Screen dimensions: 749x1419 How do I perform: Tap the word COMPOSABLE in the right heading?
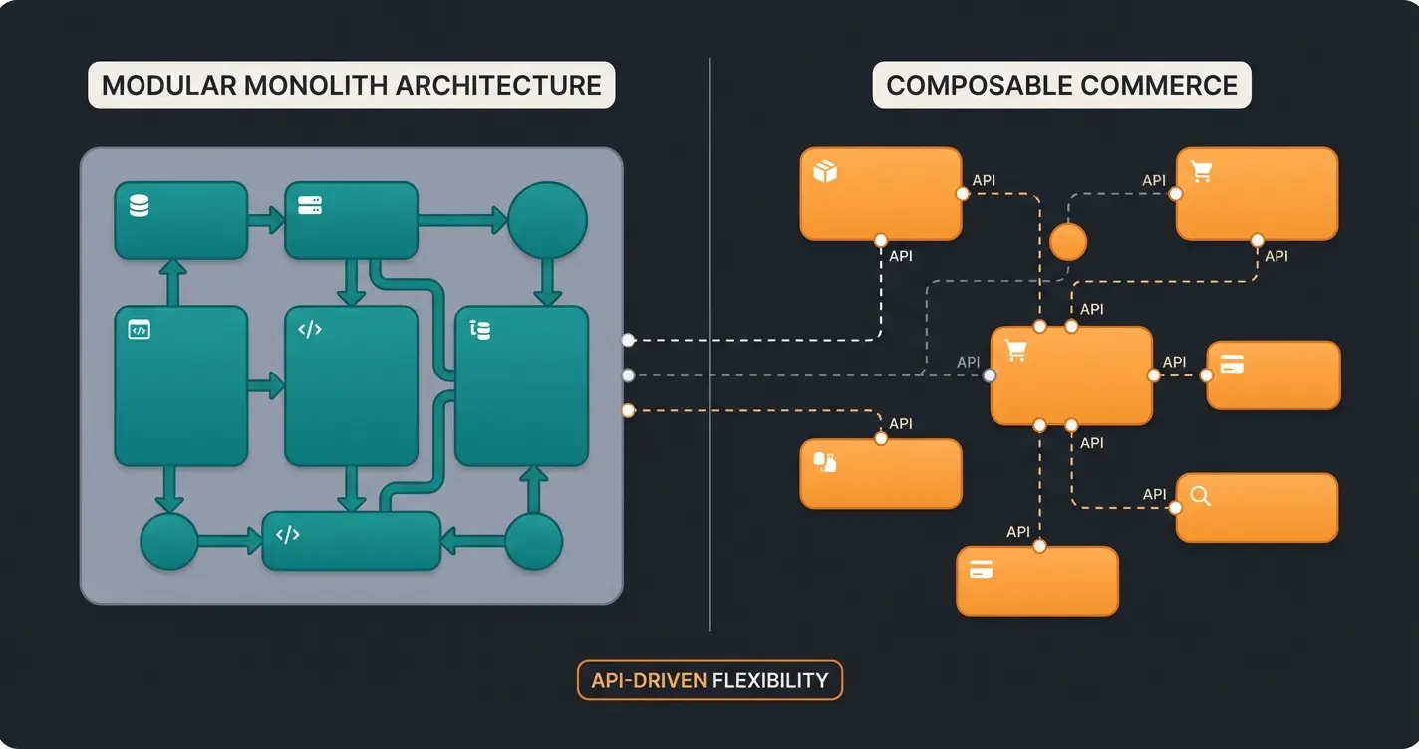point(977,86)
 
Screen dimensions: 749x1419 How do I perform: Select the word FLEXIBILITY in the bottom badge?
point(770,681)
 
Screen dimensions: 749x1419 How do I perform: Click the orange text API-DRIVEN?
point(649,681)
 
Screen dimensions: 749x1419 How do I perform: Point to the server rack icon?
point(310,206)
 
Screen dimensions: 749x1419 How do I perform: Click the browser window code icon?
point(140,330)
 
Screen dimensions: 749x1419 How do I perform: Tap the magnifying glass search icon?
point(1201,496)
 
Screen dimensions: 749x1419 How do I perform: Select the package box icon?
point(825,171)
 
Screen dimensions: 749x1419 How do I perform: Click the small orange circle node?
point(1068,242)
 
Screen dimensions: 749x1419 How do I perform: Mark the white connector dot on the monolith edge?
point(628,340)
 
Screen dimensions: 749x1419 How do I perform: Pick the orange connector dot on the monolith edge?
point(628,410)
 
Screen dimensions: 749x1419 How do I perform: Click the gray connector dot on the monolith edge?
point(628,375)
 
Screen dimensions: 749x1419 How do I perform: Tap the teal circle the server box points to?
point(547,221)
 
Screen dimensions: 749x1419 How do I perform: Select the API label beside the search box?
point(1154,494)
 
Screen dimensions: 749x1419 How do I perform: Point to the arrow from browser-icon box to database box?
point(172,283)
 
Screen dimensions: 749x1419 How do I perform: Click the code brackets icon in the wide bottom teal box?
point(288,535)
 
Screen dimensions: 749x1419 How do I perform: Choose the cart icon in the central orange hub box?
point(1015,351)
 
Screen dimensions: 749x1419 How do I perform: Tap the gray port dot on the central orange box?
point(989,375)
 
